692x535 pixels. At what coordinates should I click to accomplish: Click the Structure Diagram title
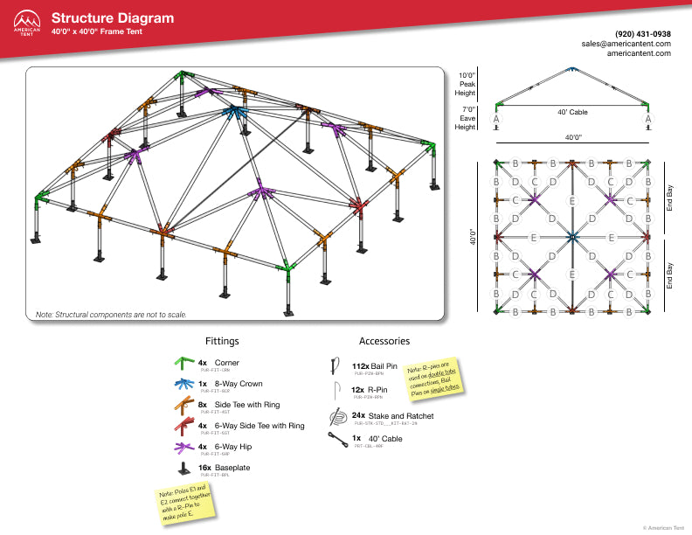pyautogui.click(x=112, y=18)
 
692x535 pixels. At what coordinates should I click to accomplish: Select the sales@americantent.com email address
pyautogui.click(x=627, y=43)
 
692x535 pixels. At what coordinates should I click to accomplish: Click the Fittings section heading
pyautogui.click(x=222, y=341)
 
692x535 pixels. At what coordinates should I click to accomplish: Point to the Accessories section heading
pyautogui.click(x=384, y=341)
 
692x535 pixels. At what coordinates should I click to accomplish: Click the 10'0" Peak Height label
pyautogui.click(x=467, y=84)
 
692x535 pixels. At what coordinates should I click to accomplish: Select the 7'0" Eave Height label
pyautogui.click(x=467, y=118)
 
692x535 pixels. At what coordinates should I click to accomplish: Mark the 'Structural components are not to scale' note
pyautogui.click(x=109, y=314)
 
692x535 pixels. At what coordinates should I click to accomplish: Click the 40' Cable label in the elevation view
pyautogui.click(x=572, y=112)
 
